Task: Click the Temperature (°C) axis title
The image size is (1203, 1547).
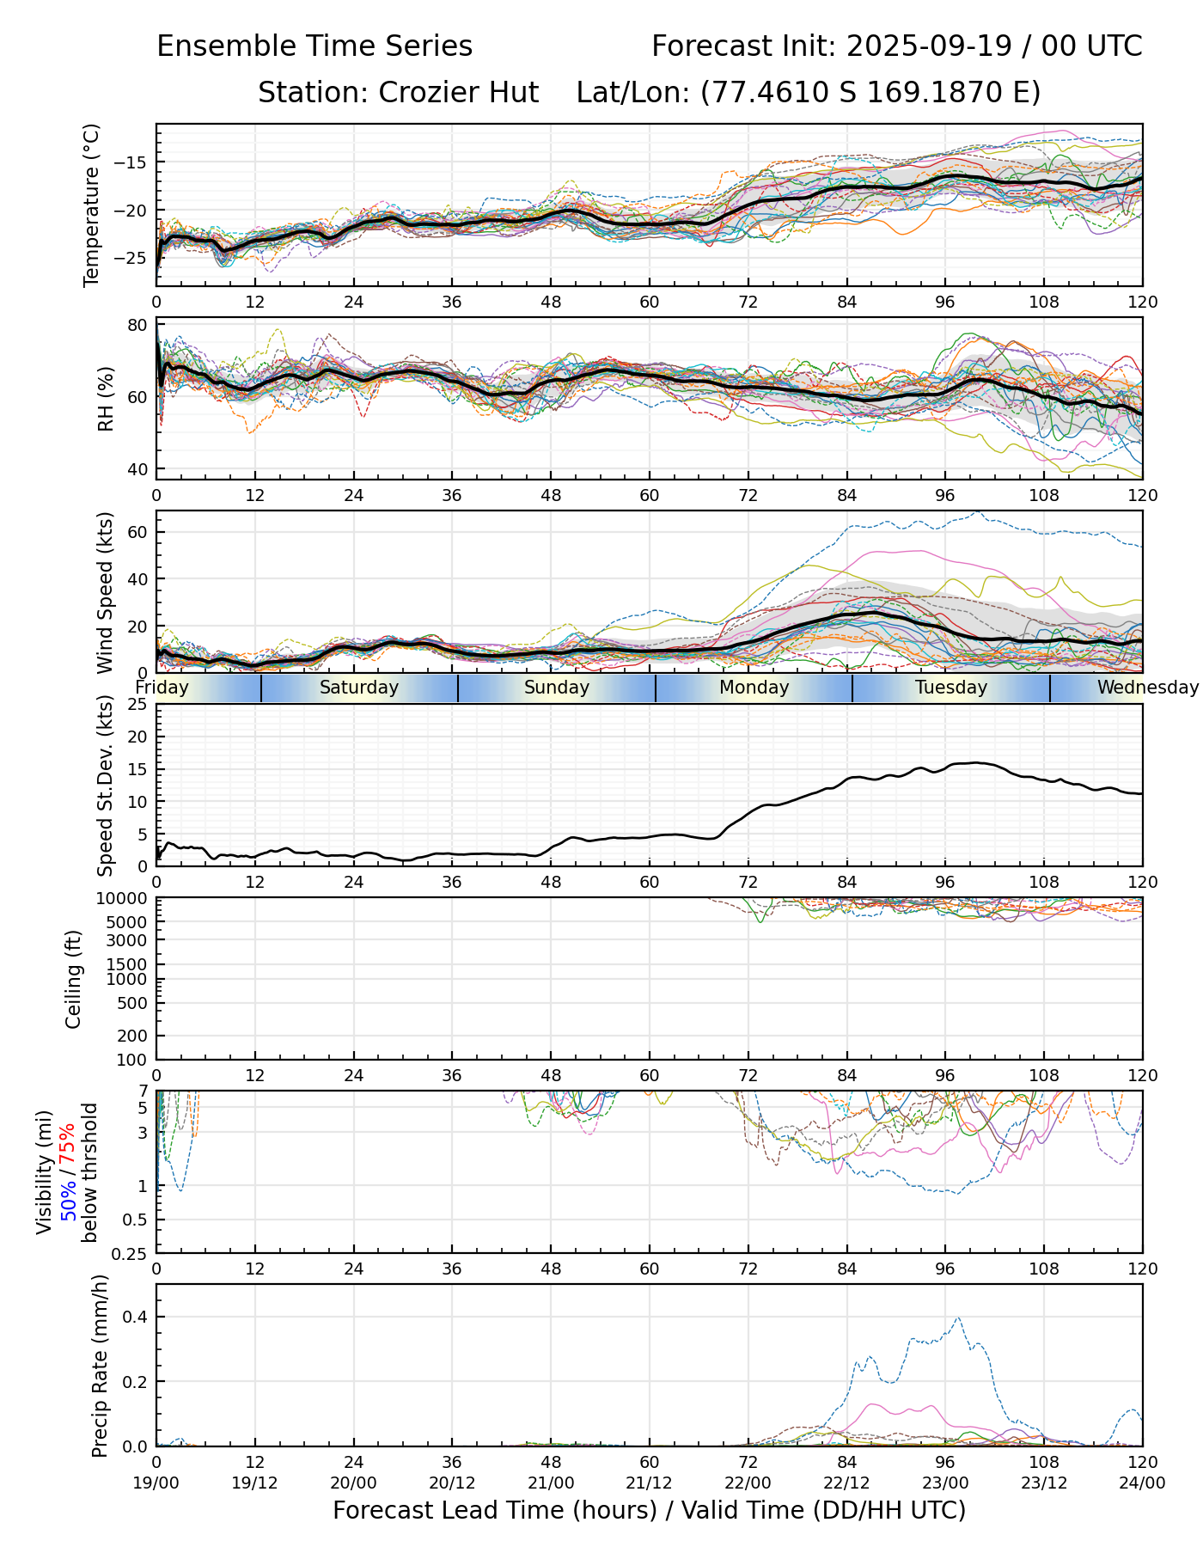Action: tap(92, 205)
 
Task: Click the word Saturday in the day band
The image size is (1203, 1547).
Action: tap(359, 688)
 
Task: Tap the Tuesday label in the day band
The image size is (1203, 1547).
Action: tap(951, 688)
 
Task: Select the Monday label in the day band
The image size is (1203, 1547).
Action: tap(754, 688)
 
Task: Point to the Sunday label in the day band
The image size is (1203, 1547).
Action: tap(557, 688)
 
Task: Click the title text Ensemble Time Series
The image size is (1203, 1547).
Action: tap(314, 46)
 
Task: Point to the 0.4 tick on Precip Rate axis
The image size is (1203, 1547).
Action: tap(136, 1318)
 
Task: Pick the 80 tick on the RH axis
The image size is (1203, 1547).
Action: tap(137, 325)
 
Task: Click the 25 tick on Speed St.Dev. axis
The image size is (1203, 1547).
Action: tap(137, 705)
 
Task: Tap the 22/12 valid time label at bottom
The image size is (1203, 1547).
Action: tap(846, 1483)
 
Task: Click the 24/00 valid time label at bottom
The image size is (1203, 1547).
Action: tap(1142, 1483)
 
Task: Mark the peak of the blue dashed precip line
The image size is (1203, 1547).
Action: tap(958, 1318)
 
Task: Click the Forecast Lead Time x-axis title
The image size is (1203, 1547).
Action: tap(649, 1510)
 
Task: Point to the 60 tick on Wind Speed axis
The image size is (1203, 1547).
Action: tap(137, 532)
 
